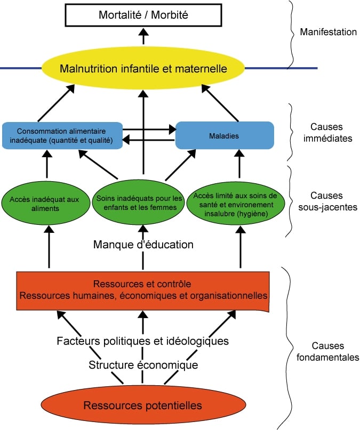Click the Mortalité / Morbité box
(143, 15)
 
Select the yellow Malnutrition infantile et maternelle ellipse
(143, 69)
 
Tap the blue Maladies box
(225, 135)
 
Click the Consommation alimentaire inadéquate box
(62, 135)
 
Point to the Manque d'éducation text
(143, 245)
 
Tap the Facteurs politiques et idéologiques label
(143, 340)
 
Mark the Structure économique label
(143, 365)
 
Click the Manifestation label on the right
(328, 32)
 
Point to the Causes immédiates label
(327, 133)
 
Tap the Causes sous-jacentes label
(327, 201)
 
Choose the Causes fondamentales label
(327, 352)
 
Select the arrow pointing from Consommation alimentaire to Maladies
(149, 128)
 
